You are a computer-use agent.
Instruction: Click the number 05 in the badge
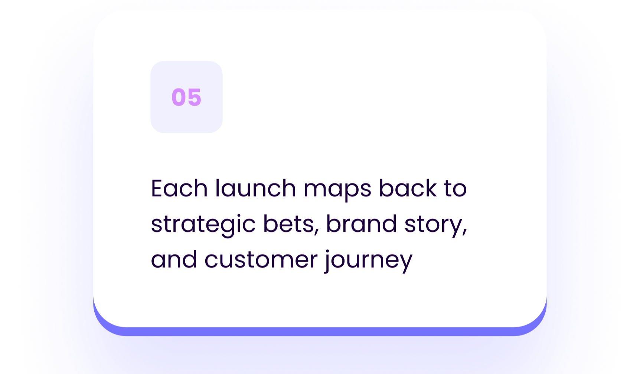(186, 97)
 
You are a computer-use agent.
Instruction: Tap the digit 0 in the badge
(179, 97)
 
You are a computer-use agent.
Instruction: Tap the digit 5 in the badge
(194, 97)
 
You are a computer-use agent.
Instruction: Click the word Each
(179, 188)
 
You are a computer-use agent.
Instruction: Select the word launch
(255, 188)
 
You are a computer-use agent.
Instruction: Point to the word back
(407, 188)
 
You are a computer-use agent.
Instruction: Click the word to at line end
(455, 188)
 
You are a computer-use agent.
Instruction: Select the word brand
(361, 224)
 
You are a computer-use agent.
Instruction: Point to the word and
(174, 259)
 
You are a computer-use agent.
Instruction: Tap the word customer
(261, 259)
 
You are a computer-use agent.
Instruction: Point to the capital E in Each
(157, 188)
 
